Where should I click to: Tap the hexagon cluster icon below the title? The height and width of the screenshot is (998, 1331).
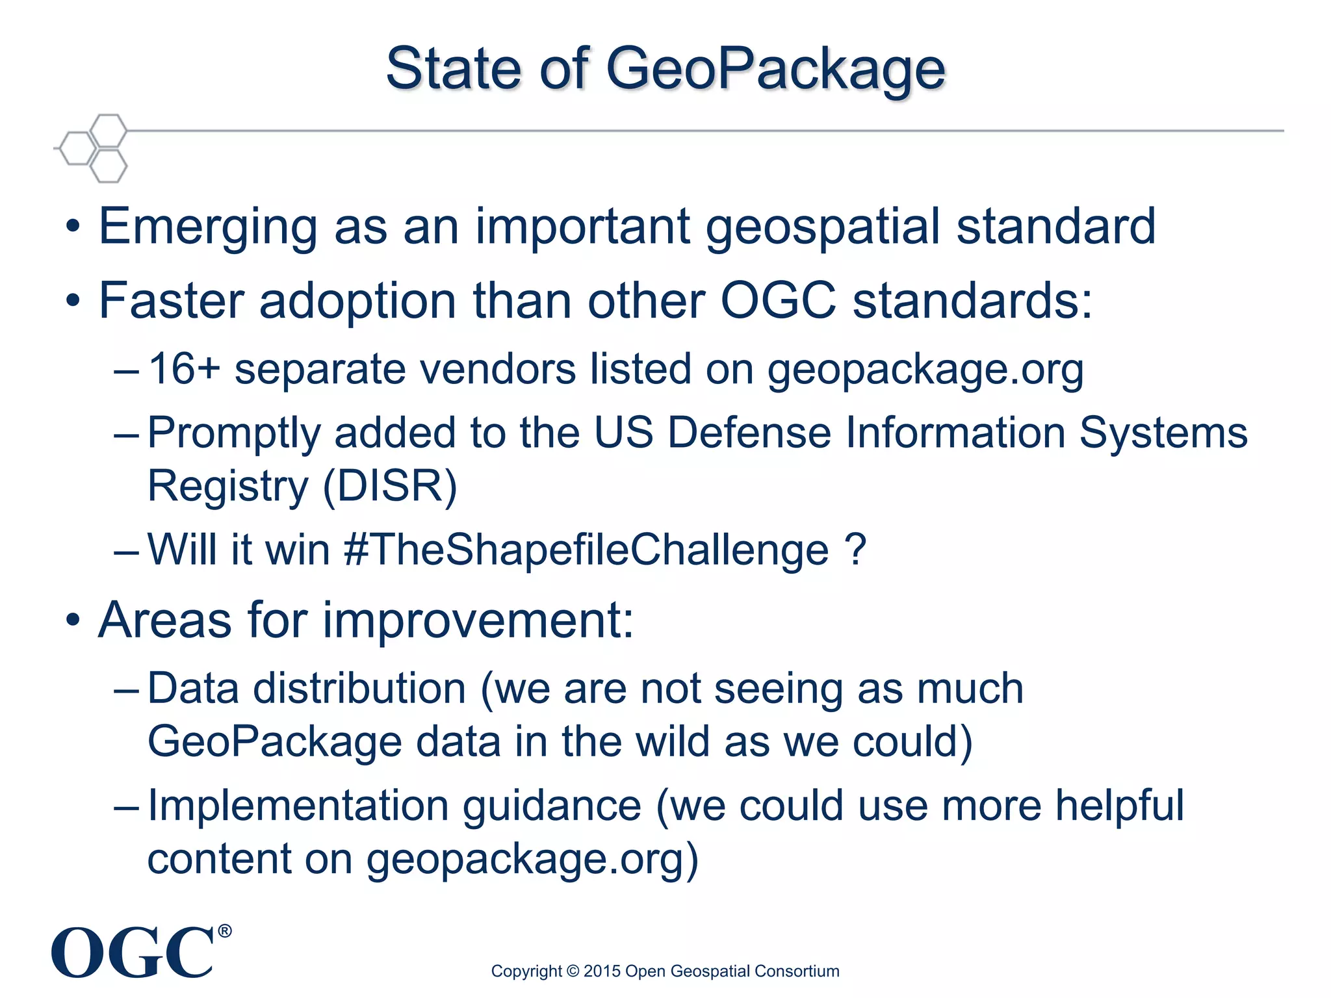coord(93,148)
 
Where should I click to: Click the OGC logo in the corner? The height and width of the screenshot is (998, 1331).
coord(133,953)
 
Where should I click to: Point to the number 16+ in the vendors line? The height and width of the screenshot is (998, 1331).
coord(184,369)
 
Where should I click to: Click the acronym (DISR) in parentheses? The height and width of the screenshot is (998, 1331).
coord(390,486)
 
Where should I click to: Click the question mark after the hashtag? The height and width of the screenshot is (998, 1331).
coord(856,550)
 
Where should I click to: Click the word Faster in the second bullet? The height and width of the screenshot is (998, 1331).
coord(171,301)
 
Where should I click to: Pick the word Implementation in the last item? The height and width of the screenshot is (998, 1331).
coord(298,806)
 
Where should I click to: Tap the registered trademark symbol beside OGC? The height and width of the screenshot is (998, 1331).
coord(224,931)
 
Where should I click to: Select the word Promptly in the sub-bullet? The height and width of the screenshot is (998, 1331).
coord(234,434)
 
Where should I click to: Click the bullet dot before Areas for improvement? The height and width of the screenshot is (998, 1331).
coord(73,621)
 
